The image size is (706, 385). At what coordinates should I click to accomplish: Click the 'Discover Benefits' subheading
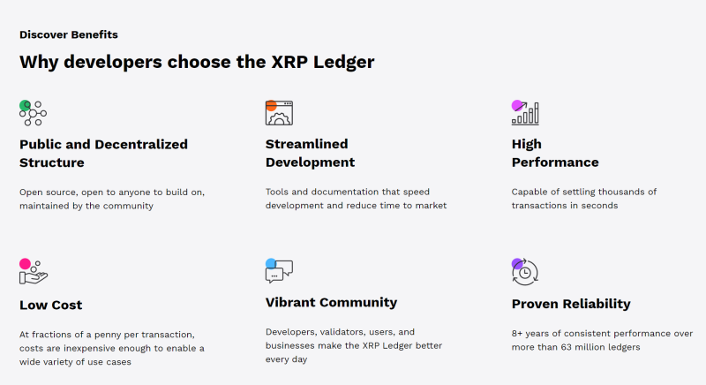(x=69, y=34)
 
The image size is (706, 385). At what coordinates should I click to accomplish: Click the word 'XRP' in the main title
(x=289, y=62)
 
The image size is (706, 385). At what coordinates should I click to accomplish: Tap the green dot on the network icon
(x=25, y=106)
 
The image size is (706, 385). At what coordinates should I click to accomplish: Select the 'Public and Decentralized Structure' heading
(x=103, y=153)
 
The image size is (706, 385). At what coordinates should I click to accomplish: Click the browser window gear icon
(x=279, y=113)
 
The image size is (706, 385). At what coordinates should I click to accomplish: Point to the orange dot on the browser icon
(x=271, y=106)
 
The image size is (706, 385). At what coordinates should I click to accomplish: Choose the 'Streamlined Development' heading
(x=310, y=153)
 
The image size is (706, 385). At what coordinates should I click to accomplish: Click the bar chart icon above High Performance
(x=525, y=112)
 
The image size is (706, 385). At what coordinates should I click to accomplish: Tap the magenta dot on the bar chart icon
(x=517, y=106)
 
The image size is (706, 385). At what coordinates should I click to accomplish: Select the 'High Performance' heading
(x=555, y=153)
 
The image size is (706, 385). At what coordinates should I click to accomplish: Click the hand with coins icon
(x=34, y=271)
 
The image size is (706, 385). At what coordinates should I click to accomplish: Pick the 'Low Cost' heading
(x=51, y=305)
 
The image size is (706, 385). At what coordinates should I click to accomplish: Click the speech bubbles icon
(x=279, y=271)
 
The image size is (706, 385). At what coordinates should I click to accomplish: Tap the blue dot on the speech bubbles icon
(x=271, y=263)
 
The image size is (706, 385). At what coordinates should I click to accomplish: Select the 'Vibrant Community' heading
(x=332, y=302)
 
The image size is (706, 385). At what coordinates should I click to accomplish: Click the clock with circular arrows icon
(x=525, y=272)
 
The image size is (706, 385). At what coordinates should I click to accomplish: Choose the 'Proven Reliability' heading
(x=571, y=304)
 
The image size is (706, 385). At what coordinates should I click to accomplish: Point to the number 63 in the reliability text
(x=567, y=347)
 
